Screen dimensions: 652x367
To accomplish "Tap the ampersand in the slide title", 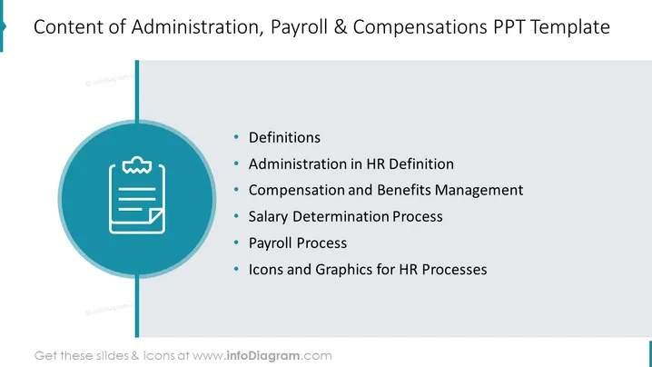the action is [341, 27].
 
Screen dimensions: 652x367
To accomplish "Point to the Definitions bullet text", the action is [284, 138].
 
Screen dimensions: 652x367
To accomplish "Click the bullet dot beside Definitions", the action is [236, 137].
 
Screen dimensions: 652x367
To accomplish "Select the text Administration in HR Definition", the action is [351, 164].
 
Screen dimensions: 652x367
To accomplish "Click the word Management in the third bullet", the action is [479, 191].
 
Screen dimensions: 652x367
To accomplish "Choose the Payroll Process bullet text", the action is [298, 243].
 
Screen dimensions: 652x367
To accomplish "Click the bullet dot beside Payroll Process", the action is [236, 243].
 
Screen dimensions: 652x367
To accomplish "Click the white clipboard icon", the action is [137, 194].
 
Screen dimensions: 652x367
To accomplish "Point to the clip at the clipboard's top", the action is [137, 164].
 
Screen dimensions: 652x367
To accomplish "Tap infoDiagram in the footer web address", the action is [262, 356].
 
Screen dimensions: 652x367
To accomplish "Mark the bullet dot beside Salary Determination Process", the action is [236, 216].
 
